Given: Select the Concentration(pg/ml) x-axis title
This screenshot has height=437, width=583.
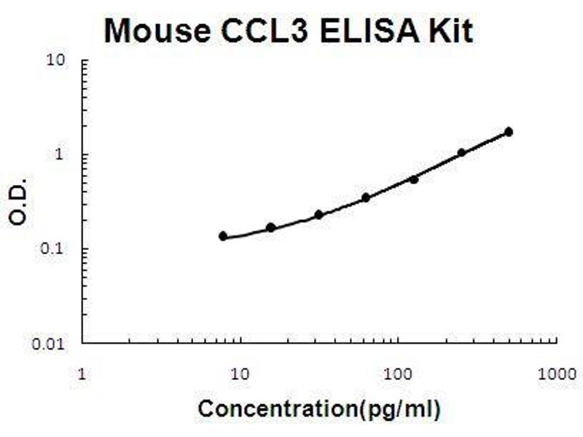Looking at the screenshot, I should tap(319, 409).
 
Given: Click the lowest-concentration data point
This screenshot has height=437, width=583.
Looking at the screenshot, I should tap(223, 236).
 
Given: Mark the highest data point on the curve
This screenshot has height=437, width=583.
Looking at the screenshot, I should tap(509, 132).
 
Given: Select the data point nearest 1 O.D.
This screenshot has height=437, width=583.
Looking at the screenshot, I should tap(461, 153).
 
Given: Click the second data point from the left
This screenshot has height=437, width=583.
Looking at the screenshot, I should tap(270, 228).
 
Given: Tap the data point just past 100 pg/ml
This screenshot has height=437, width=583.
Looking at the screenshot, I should tap(414, 179).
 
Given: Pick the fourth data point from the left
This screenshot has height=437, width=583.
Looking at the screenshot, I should tap(366, 197).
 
